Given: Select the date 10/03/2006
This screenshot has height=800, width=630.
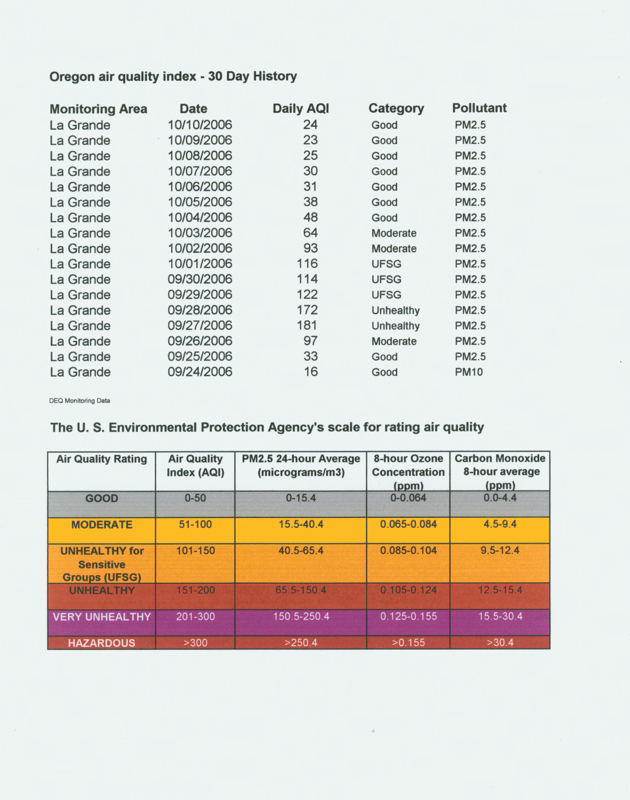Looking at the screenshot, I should click(x=200, y=233).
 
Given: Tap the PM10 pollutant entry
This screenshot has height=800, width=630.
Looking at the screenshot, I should click(x=469, y=372).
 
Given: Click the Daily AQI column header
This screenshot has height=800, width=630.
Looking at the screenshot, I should click(x=301, y=108).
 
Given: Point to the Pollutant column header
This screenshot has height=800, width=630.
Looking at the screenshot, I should click(x=479, y=108).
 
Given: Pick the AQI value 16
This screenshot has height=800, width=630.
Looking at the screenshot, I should click(x=311, y=372).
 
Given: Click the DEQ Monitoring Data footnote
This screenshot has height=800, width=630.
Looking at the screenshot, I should click(x=80, y=401).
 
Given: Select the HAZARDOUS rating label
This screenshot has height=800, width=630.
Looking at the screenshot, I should click(x=101, y=643).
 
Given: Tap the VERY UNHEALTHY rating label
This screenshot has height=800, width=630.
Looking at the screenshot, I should click(x=101, y=617).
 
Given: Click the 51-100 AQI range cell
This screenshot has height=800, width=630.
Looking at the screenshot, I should click(x=195, y=524).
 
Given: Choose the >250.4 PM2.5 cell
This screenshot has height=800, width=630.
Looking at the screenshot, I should click(x=301, y=643).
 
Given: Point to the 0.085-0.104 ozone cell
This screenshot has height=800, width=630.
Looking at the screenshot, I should click(x=408, y=550).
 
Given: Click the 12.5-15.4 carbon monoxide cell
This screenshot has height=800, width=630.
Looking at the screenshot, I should click(x=500, y=590).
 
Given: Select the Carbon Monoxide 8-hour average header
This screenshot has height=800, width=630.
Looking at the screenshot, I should click(x=500, y=471).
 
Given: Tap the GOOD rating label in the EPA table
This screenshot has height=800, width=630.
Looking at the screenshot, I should click(x=101, y=498).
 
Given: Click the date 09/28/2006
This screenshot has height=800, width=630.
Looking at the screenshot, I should click(x=200, y=310).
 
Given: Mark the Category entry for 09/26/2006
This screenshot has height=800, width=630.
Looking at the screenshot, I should click(x=394, y=341).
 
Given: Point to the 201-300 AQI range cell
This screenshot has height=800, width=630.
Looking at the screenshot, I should click(x=195, y=616).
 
